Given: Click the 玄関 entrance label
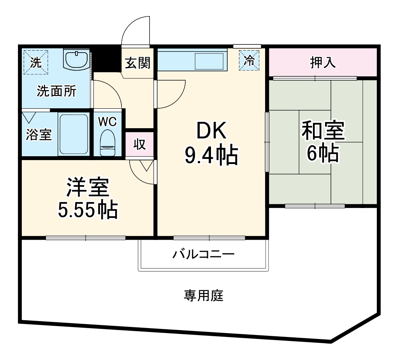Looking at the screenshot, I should tap(137, 62).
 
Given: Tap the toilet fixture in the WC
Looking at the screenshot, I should tap(107, 143).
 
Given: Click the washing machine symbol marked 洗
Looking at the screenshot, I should tap(35, 62).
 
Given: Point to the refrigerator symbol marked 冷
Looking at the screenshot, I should tap(249, 61).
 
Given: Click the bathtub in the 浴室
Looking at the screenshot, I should tap(73, 134).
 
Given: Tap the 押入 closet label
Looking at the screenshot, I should tap(323, 62).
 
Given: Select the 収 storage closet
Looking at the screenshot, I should tap(139, 144).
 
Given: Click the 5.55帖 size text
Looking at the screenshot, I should tap(87, 210).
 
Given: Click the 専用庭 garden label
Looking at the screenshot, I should tap(204, 296).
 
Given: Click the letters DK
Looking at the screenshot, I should tap(211, 132).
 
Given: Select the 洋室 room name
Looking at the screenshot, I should tap(87, 188).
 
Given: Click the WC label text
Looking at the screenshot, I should tap(107, 122).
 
